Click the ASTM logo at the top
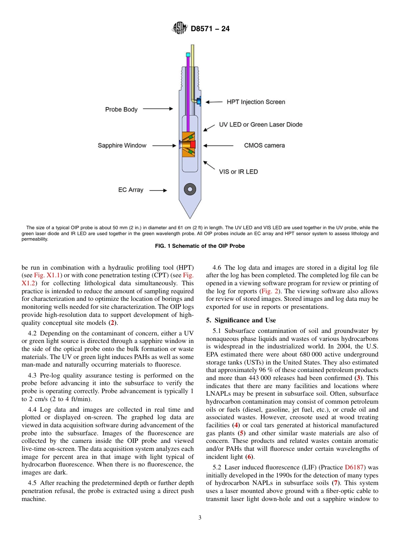(180, 29)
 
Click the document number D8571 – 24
(210, 29)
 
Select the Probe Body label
(121, 110)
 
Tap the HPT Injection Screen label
(256, 102)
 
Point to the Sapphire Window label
(122, 145)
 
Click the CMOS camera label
(264, 145)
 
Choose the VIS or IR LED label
(238, 172)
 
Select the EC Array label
(131, 190)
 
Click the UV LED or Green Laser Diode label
(261, 125)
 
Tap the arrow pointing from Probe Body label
(158, 109)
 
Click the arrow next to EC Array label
(158, 190)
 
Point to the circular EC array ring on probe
(189, 189)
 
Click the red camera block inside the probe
(193, 145)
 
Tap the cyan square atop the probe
(188, 54)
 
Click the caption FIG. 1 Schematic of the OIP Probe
(200, 246)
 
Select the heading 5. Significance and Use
(241, 320)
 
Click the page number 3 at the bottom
(200, 518)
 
